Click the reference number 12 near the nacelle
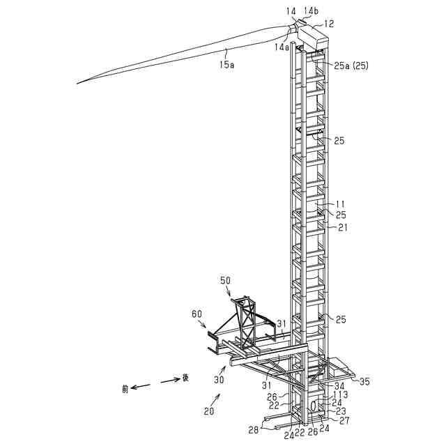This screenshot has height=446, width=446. (x=329, y=24)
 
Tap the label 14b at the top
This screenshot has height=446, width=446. (x=312, y=10)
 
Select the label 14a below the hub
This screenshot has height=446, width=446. (x=282, y=47)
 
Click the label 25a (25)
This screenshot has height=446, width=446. (x=351, y=66)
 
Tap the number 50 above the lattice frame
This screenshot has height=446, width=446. (x=225, y=279)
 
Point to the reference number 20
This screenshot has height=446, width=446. (x=209, y=412)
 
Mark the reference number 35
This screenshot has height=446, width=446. (x=364, y=380)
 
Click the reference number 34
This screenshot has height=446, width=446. (x=339, y=385)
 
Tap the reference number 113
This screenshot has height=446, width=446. (x=341, y=394)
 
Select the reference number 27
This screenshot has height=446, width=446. (x=345, y=420)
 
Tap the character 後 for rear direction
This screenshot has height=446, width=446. (x=185, y=378)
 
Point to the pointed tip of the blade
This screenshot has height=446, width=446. (x=78, y=84)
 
